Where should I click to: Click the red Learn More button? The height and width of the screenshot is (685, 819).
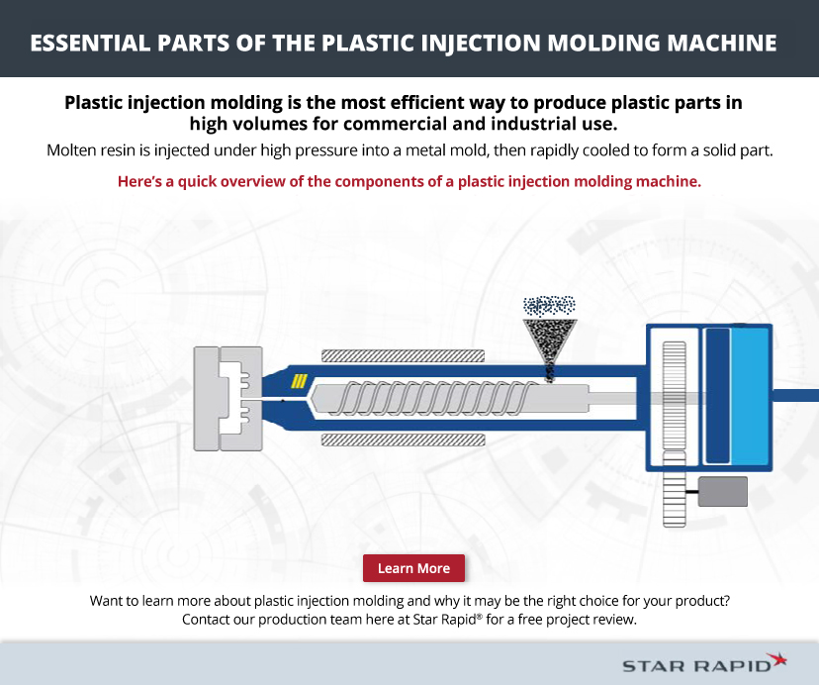click(x=413, y=568)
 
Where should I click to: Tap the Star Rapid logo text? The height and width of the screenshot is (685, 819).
click(x=696, y=665)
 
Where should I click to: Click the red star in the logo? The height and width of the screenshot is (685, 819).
click(x=777, y=660)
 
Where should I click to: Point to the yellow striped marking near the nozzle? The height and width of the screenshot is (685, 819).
click(x=299, y=381)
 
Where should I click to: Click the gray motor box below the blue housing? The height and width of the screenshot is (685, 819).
click(x=723, y=492)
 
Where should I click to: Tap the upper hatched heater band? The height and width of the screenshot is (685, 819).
click(x=403, y=356)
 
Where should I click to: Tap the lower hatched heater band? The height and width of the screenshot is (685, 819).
click(x=403, y=440)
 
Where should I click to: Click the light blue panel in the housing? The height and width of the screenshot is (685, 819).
click(x=749, y=396)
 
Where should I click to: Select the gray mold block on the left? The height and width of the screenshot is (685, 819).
click(x=227, y=399)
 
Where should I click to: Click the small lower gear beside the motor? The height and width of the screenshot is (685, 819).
click(x=675, y=489)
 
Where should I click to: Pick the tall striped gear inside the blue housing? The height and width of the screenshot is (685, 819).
click(x=675, y=395)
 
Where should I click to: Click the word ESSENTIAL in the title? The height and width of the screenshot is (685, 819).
click(x=90, y=43)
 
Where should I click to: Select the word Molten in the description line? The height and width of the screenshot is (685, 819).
click(x=67, y=150)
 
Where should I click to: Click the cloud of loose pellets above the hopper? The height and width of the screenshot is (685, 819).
click(x=549, y=306)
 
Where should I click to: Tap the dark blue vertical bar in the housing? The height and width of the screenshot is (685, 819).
click(x=717, y=396)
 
